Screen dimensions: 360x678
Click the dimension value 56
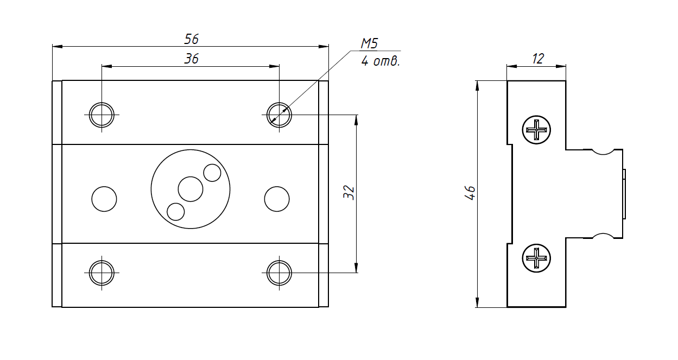click(191, 39)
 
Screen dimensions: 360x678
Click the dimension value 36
click(191, 59)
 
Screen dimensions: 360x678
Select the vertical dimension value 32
click(350, 192)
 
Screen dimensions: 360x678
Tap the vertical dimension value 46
click(471, 192)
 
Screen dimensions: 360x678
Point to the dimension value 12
click(537, 59)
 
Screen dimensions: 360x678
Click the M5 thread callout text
click(369, 44)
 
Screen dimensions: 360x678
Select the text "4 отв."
click(381, 61)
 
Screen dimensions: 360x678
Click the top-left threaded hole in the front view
click(102, 115)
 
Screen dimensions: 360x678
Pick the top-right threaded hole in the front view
click(279, 115)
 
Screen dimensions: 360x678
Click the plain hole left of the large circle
click(104, 199)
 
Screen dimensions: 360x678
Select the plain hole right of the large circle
click(277, 199)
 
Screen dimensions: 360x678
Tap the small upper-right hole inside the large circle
click(212, 173)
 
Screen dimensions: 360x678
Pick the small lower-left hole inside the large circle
click(176, 211)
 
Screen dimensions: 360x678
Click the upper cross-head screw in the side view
click(537, 130)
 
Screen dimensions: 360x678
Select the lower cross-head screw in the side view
click(537, 258)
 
